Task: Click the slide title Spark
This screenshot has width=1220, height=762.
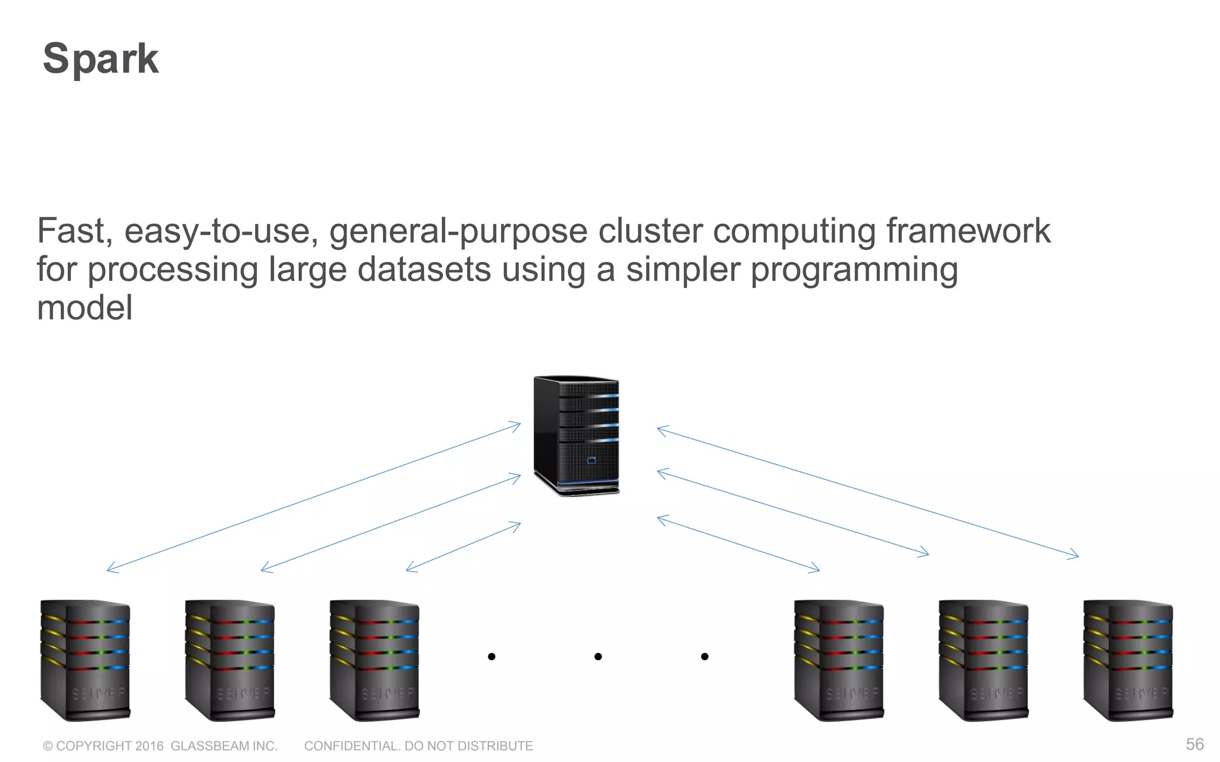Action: click(101, 59)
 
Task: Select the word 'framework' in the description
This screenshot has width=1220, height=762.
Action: click(968, 231)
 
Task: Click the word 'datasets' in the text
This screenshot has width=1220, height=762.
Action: click(424, 270)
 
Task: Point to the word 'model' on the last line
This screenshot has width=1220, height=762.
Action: click(85, 308)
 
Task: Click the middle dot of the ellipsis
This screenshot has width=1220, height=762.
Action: click(598, 657)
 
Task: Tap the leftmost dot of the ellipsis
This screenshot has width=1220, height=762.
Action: click(491, 657)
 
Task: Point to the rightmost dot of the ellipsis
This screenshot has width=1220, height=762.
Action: click(705, 657)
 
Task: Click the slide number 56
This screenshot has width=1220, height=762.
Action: click(1194, 744)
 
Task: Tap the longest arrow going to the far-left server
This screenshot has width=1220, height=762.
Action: click(313, 498)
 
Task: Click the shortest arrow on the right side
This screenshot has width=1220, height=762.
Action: click(738, 544)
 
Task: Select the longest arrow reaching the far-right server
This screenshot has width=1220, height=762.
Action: click(867, 492)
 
